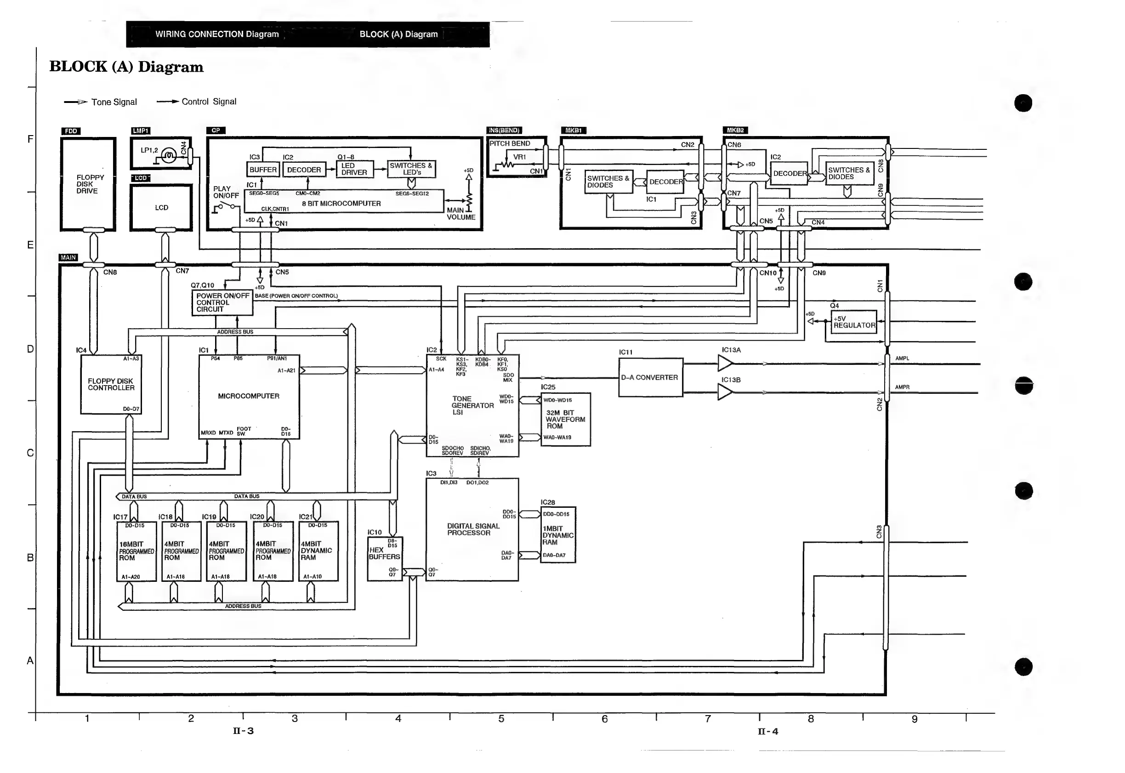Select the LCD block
(161, 207)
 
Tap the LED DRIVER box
(354, 169)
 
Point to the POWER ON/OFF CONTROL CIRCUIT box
(222, 303)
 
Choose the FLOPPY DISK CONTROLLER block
(111, 385)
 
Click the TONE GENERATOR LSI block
(472, 406)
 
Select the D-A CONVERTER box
(650, 378)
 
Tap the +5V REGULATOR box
(854, 322)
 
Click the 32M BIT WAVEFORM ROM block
(565, 420)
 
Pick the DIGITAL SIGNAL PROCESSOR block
(472, 530)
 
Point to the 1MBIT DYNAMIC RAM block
(558, 535)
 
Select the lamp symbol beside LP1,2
(169, 155)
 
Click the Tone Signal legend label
(114, 102)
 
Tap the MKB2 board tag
(735, 130)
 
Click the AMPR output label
(902, 387)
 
